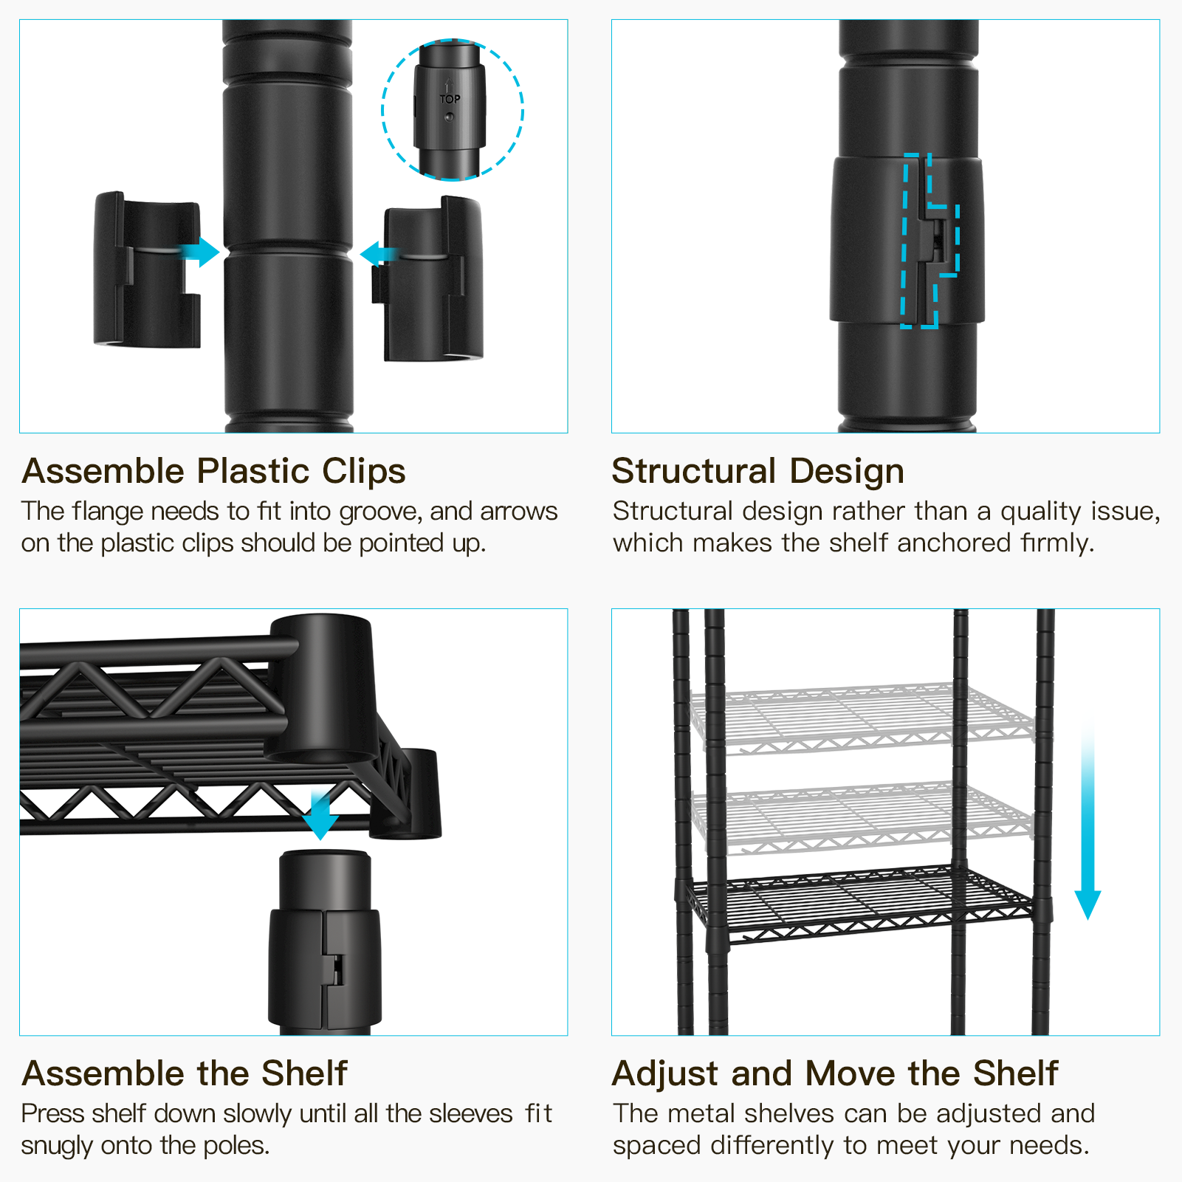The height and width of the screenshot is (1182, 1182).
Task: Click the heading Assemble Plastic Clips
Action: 213,471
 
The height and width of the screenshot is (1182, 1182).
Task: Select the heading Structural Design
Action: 757,471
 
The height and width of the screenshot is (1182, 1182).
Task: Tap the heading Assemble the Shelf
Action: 184,1073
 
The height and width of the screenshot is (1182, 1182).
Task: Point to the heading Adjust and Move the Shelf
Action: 835,1073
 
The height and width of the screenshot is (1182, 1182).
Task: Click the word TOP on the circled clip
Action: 450,99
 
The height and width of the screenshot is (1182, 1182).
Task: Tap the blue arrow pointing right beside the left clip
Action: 202,252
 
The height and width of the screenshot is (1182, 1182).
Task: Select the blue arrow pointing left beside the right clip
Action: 378,255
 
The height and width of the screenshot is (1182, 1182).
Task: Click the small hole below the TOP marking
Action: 450,117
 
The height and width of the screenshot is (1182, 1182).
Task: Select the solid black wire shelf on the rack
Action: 860,902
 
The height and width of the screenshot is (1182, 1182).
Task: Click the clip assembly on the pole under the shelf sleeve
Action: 325,967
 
